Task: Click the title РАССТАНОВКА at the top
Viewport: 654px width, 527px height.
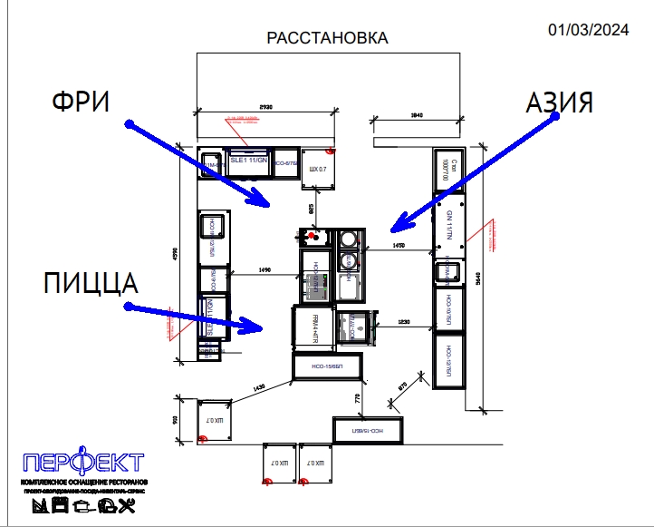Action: pos(327,38)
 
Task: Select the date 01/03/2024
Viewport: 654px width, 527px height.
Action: pos(589,30)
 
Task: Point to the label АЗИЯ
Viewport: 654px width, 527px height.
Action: pos(560,102)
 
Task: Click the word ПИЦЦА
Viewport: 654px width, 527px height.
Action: pos(91,283)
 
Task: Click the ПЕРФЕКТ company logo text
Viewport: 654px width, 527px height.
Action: pos(83,461)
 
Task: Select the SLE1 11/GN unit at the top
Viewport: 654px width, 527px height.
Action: pos(249,160)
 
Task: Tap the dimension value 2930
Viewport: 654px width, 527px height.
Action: pos(265,108)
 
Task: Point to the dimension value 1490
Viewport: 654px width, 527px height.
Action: pos(264,269)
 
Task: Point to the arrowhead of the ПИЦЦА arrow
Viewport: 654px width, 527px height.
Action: pos(259,325)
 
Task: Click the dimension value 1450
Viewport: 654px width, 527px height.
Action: pos(397,246)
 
